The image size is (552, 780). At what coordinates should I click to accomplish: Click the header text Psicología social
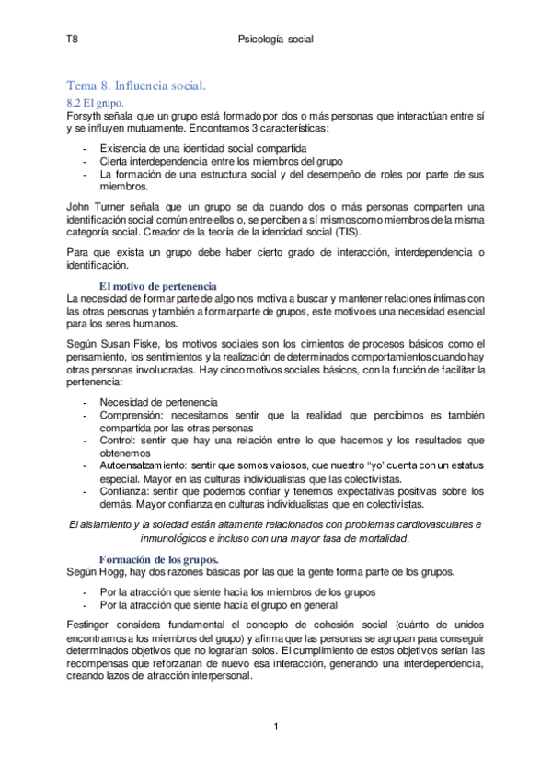(275, 40)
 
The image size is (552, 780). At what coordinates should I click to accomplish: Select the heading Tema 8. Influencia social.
(136, 86)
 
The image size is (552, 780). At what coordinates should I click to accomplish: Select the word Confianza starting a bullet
(125, 492)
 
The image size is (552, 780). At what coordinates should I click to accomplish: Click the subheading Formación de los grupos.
(158, 558)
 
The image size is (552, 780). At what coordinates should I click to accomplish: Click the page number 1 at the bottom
(276, 728)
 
